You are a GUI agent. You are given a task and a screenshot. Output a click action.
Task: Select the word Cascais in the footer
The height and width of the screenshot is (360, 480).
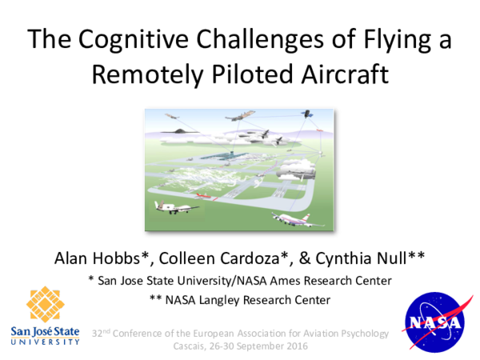pos(191,347)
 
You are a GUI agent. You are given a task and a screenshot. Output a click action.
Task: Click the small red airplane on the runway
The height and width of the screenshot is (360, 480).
pos(206,195)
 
